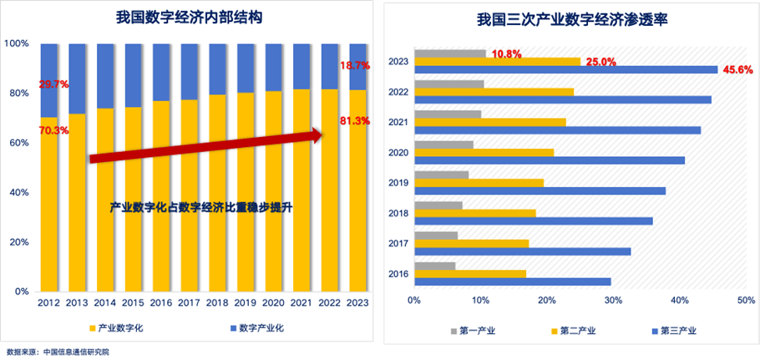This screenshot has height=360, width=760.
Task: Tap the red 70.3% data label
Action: point(53,130)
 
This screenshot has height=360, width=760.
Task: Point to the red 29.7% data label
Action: point(53,84)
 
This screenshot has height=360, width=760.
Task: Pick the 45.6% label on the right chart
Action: point(737,69)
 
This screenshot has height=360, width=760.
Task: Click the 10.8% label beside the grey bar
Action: point(506,53)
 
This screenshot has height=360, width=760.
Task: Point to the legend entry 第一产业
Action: point(477,332)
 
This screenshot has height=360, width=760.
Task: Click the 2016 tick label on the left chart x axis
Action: point(161,305)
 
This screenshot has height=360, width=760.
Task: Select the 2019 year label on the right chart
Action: point(398,183)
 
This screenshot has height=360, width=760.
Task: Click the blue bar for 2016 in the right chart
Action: point(513,281)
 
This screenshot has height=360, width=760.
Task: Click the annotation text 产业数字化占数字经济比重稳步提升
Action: point(205,205)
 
